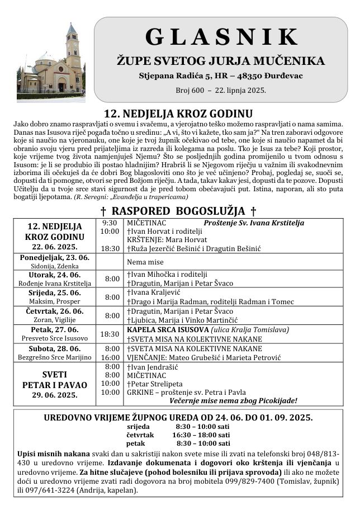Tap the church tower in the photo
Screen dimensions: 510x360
pyautogui.click(x=72, y=48)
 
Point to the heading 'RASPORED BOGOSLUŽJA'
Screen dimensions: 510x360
pyautogui.click(x=178, y=211)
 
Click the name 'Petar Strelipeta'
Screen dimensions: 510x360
pyautogui.click(x=153, y=384)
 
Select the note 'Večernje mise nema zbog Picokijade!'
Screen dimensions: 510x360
pyautogui.click(x=237, y=400)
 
